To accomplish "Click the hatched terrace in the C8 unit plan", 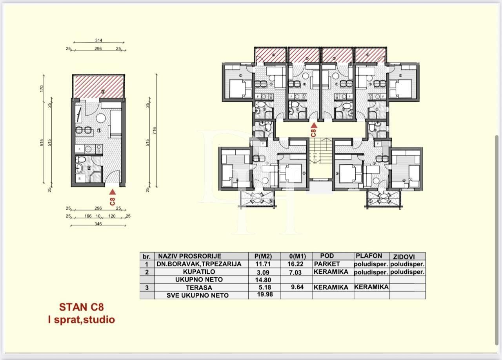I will [98, 87].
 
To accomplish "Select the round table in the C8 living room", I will [101, 118].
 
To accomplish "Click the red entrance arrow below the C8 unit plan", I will [112, 192].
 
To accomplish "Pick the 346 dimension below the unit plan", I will [98, 224].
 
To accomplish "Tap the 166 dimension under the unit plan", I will [88, 216].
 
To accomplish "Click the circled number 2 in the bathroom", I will [89, 169].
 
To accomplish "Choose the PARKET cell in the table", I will [327, 264].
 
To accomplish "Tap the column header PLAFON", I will [369, 256].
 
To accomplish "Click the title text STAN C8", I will [82, 307].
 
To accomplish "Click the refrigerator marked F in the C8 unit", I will [79, 149].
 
